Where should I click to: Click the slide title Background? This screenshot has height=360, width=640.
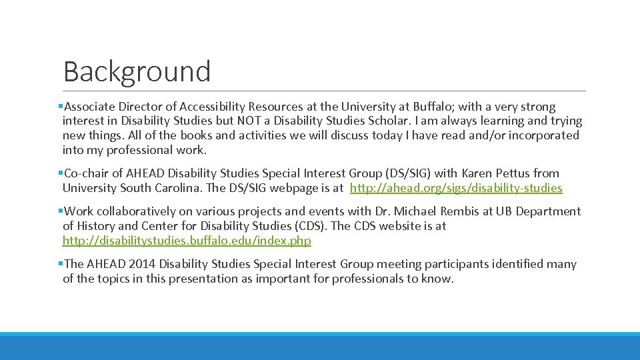click(137, 71)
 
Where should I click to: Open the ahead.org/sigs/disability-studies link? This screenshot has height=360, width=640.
click(456, 188)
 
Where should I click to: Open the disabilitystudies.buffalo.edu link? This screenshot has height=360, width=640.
click(187, 241)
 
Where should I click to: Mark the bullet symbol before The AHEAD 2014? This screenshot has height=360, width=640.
click(61, 264)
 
